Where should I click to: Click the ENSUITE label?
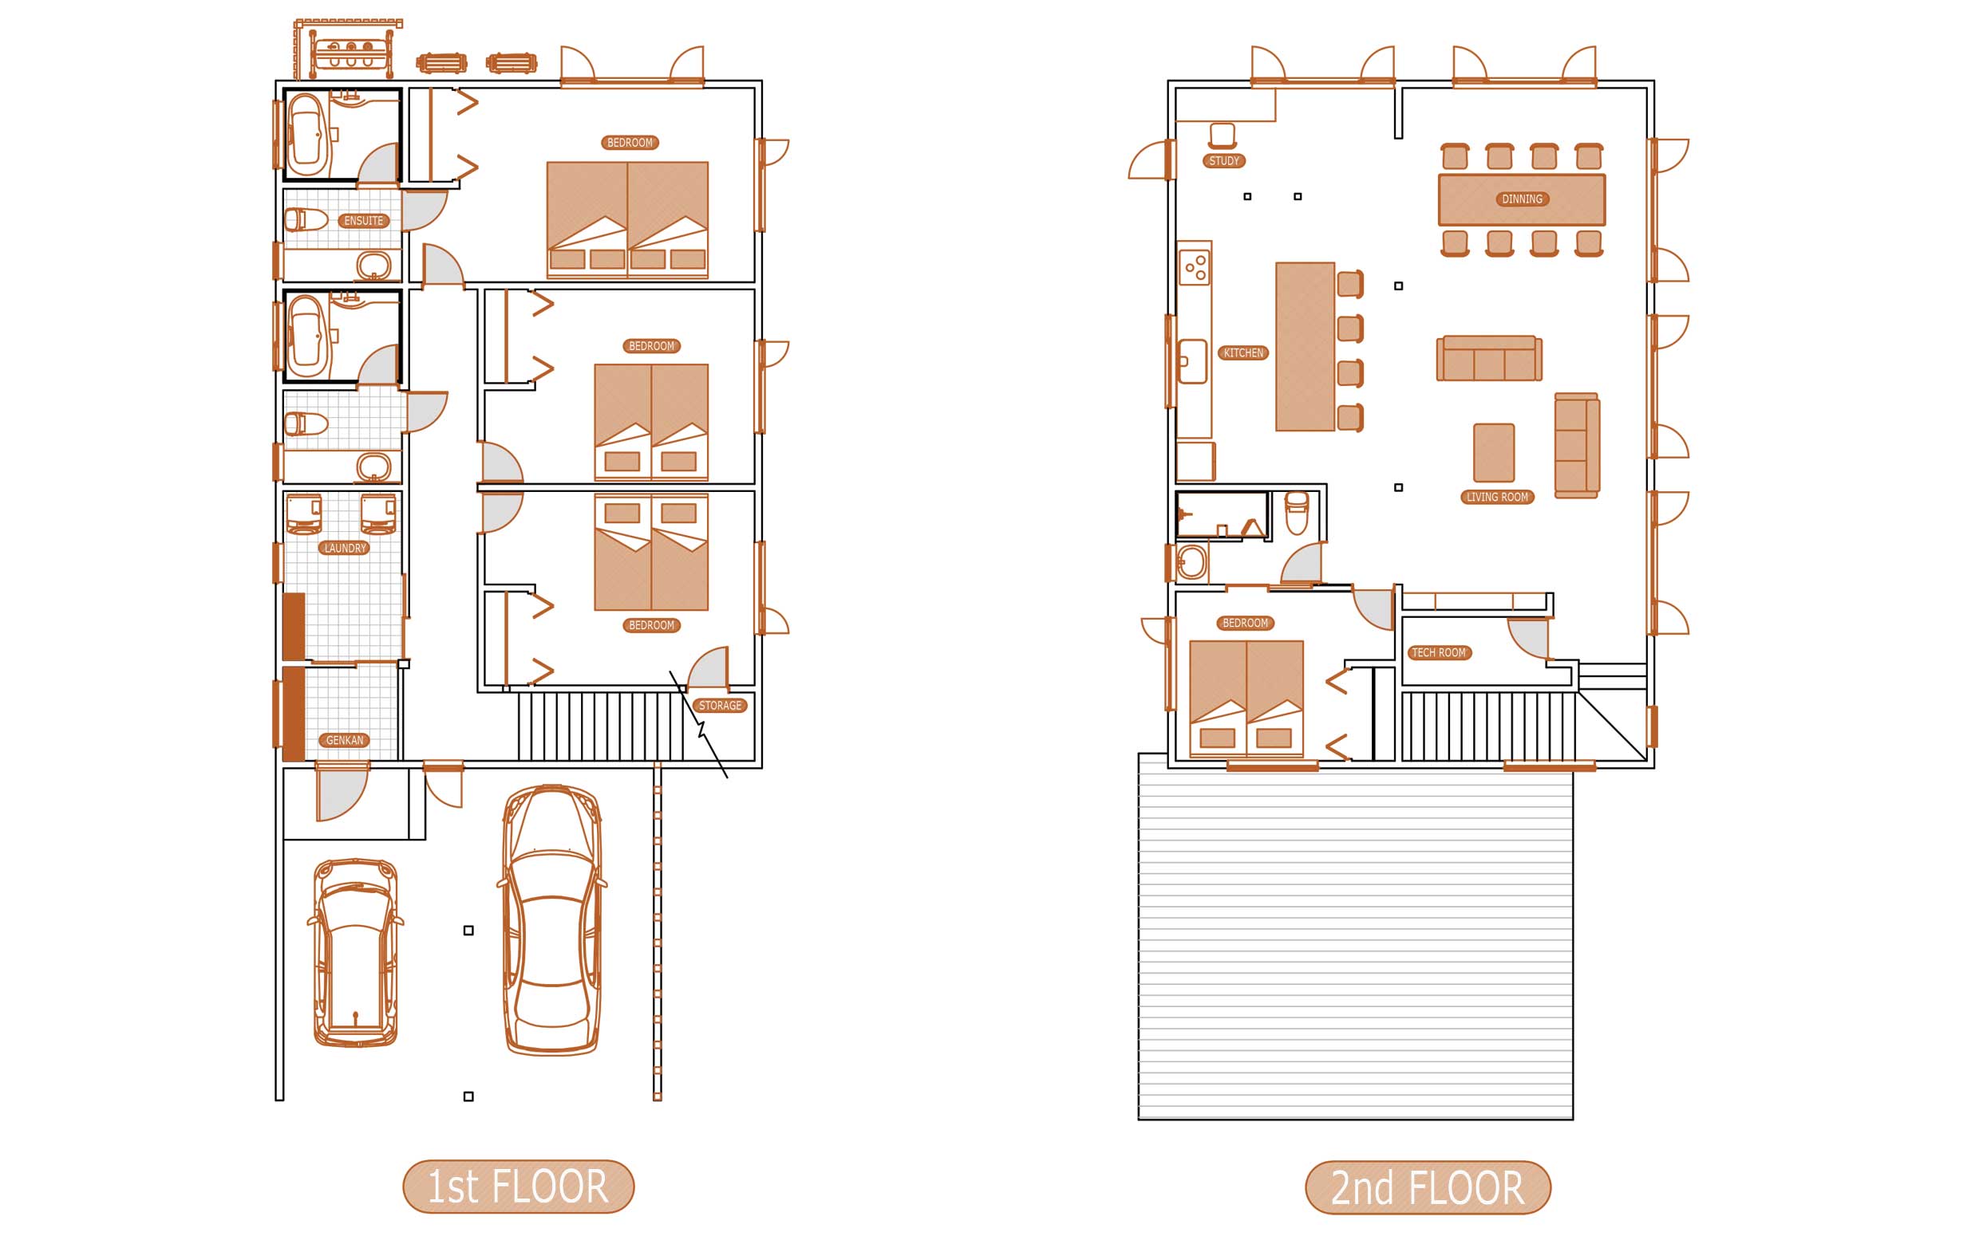click(x=363, y=221)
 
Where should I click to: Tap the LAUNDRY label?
click(x=345, y=548)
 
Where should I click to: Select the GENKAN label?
click(x=345, y=741)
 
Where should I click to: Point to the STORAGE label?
click(x=720, y=706)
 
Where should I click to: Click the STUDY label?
click(x=1224, y=161)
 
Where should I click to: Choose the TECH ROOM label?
click(x=1440, y=652)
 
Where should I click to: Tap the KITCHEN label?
click(x=1244, y=353)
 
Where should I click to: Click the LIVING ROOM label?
click(x=1497, y=497)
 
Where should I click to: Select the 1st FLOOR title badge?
click(x=519, y=1186)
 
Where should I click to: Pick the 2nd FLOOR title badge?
click(x=1428, y=1187)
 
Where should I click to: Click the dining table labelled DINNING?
click(x=1522, y=199)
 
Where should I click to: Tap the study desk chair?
click(x=1222, y=136)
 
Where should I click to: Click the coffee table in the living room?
click(x=1494, y=452)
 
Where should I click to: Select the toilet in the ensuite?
click(x=306, y=219)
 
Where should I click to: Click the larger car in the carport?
click(x=552, y=919)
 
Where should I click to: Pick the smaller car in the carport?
click(x=356, y=952)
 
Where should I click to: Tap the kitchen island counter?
click(x=1306, y=347)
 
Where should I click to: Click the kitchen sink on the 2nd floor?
click(x=1192, y=361)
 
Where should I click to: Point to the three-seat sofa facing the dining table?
click(x=1489, y=358)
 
